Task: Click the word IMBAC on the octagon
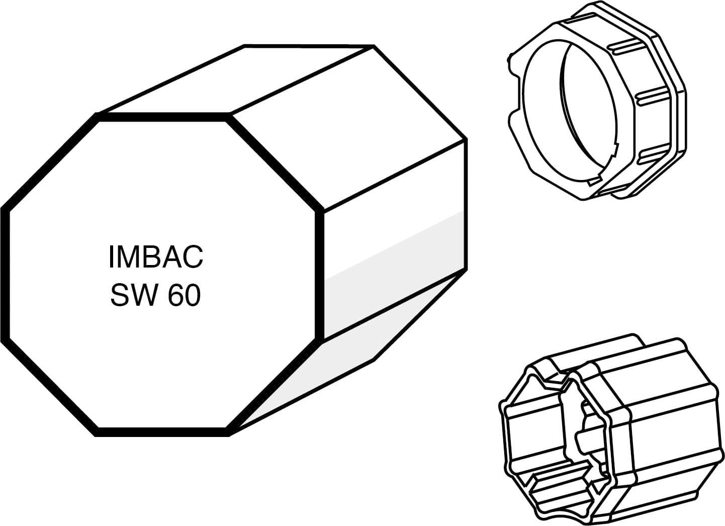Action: [x=156, y=257]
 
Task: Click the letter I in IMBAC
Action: [x=111, y=257]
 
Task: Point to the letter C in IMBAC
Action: [x=193, y=257]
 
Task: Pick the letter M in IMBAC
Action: [x=128, y=257]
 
